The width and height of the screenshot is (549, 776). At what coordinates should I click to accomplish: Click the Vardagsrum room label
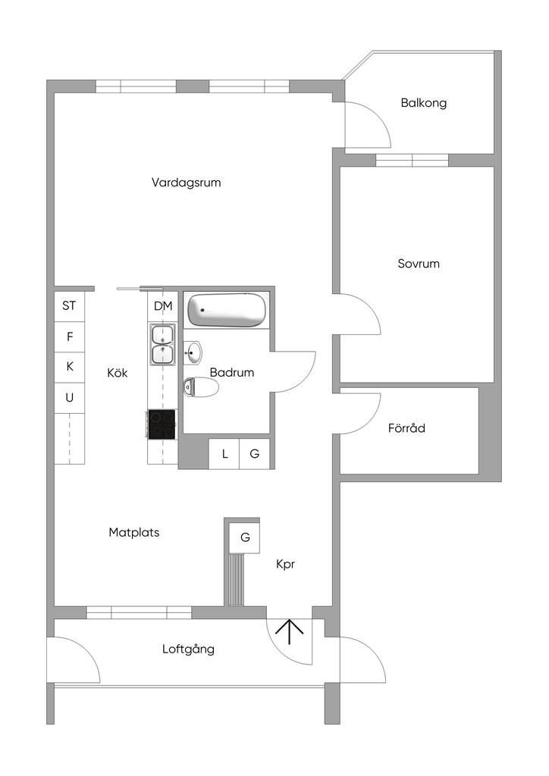click(186, 183)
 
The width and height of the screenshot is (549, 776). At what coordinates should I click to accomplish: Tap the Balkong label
click(423, 103)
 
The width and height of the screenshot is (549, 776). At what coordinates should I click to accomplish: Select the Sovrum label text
click(419, 264)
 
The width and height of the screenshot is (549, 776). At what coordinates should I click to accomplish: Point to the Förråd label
click(406, 428)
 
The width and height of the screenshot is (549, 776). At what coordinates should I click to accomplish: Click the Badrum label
click(232, 373)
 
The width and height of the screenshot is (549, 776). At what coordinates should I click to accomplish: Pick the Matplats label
click(133, 532)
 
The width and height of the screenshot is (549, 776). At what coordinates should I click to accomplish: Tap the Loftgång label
click(188, 649)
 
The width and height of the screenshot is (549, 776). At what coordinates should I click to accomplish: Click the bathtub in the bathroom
click(227, 310)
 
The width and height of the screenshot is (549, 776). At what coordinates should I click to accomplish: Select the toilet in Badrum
click(201, 388)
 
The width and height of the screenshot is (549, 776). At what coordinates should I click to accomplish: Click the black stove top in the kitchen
click(162, 424)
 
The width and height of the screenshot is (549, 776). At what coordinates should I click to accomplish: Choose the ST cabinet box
click(69, 306)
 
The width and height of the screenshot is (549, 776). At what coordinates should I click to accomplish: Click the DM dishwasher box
click(163, 306)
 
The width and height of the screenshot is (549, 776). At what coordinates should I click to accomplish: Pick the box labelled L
click(224, 454)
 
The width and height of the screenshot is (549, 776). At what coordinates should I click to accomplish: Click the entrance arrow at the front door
click(290, 630)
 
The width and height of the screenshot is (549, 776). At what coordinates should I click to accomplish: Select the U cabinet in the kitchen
click(69, 397)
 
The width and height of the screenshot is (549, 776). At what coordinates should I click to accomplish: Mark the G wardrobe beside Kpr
click(245, 537)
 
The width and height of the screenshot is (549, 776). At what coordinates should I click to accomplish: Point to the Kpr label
click(285, 565)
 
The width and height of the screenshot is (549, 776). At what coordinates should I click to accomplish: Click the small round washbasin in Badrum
click(194, 352)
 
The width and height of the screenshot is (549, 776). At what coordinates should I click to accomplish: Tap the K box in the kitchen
click(69, 367)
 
